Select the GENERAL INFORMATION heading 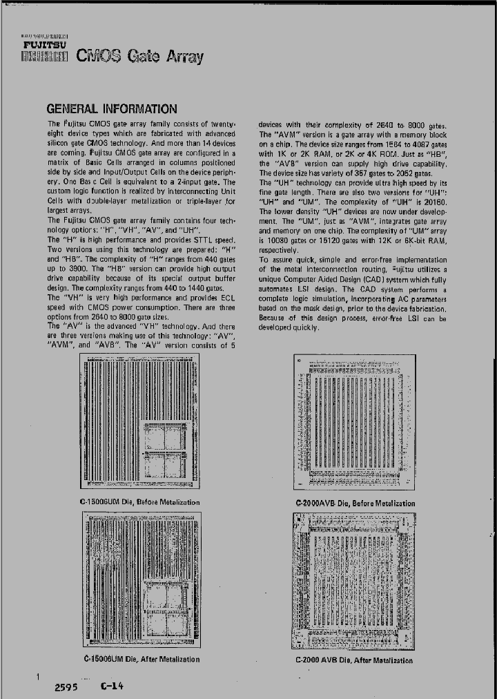(x=110, y=108)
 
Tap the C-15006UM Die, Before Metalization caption (x=139, y=502)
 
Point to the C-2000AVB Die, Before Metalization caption (x=355, y=504)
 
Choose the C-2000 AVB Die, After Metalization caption (x=354, y=660)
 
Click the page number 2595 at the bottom (x=66, y=688)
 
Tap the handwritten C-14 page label (x=112, y=686)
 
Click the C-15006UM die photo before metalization (x=140, y=422)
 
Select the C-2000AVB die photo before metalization (x=355, y=423)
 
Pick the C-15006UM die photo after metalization (x=140, y=580)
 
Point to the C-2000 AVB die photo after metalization (x=354, y=581)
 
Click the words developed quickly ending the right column (x=289, y=327)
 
